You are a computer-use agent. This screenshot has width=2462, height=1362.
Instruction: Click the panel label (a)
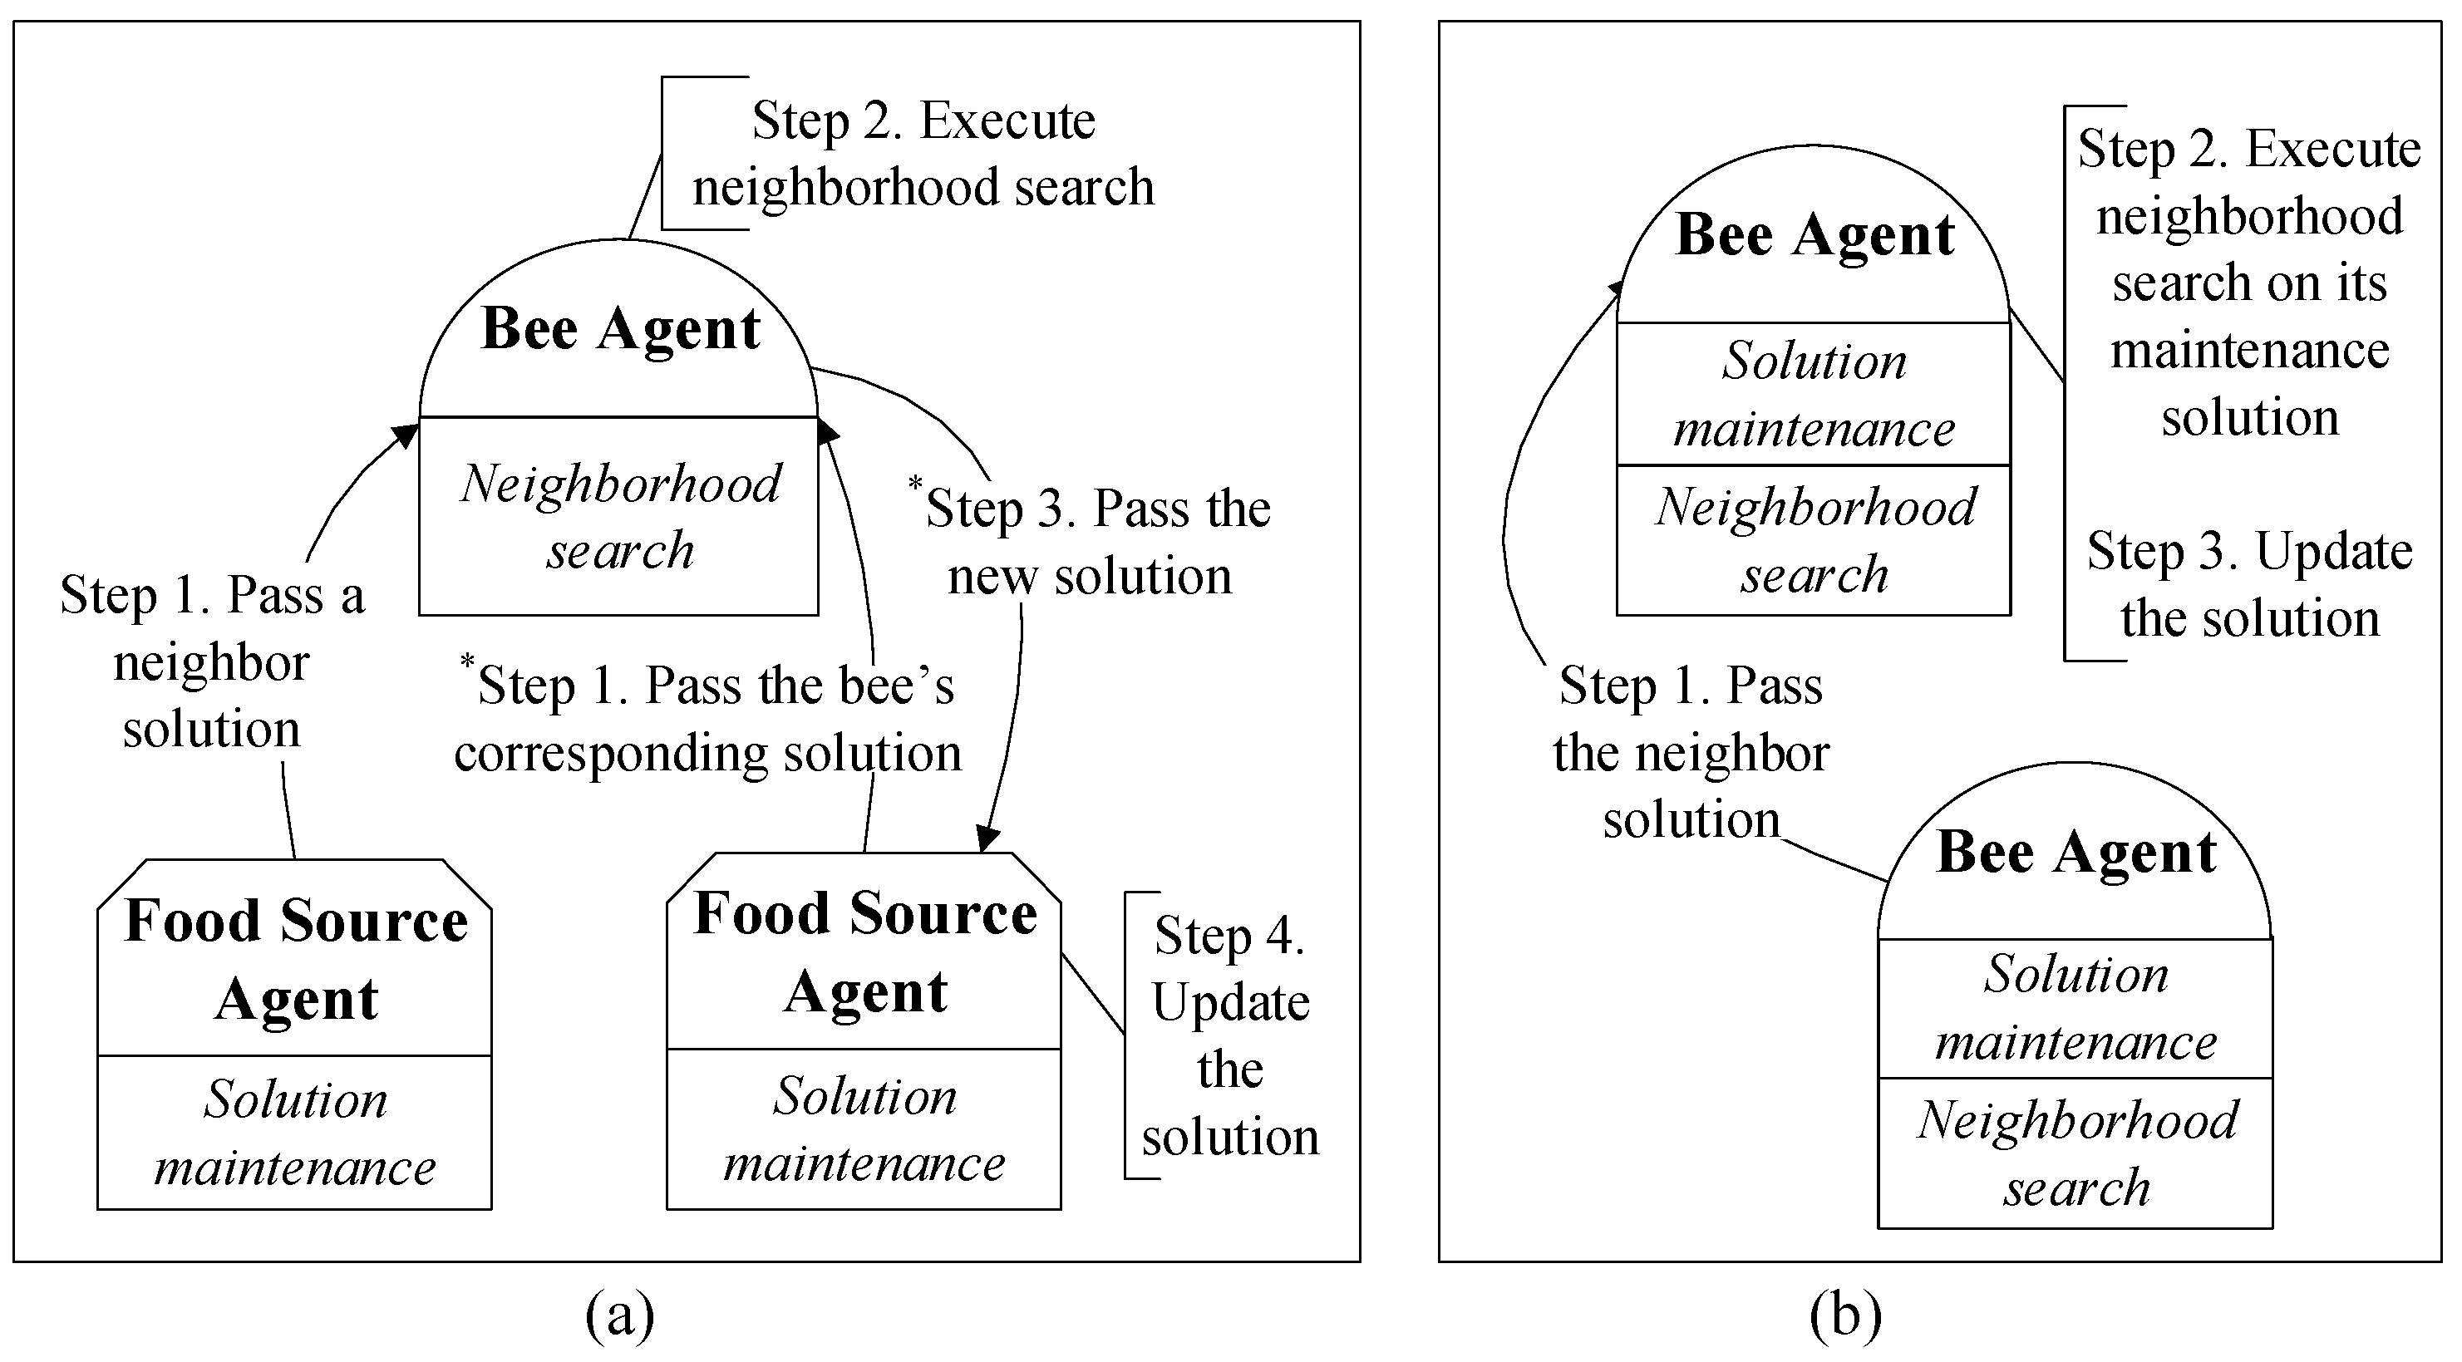point(619,1315)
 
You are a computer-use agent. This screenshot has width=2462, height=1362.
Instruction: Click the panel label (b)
point(1844,1315)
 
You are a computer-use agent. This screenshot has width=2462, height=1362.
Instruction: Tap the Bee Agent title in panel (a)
point(620,330)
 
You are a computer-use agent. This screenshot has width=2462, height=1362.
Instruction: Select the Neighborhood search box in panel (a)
point(619,517)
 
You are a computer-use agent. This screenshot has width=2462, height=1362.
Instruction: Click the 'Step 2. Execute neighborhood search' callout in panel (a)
point(923,153)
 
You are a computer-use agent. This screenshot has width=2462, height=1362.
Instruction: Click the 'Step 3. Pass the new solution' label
point(1095,542)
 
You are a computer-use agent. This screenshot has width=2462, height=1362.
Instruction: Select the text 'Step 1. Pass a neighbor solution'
point(211,661)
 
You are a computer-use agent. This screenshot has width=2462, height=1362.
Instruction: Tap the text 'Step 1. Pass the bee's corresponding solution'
point(707,719)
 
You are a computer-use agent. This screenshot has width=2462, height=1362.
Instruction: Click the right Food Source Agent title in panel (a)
point(865,952)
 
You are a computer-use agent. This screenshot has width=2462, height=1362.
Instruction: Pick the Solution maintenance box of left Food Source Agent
point(295,1133)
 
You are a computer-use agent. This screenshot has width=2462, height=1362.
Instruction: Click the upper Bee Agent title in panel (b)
point(1814,236)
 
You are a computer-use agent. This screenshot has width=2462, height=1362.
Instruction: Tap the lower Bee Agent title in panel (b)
point(2075,853)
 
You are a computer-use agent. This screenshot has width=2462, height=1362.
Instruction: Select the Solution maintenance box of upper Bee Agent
point(1814,394)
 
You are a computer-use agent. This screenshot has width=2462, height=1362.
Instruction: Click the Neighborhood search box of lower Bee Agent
point(2075,1153)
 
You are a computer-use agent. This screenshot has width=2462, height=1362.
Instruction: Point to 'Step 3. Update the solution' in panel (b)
point(2249,585)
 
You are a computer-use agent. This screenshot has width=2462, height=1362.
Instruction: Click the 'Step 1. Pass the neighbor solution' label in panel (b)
point(1690,752)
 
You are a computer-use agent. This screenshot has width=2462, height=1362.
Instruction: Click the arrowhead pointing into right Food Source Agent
point(987,839)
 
